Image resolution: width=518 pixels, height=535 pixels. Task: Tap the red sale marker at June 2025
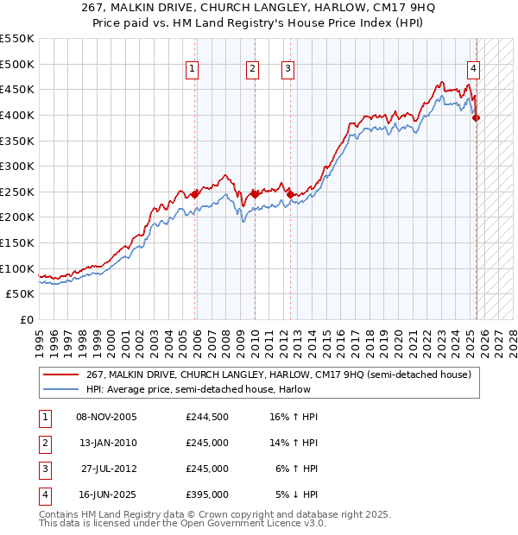tap(476, 118)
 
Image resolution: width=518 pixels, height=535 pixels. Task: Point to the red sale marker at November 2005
tap(195, 195)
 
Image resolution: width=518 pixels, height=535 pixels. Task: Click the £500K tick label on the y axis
tap(17, 64)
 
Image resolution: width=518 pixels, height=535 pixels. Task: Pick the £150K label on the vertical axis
tap(17, 242)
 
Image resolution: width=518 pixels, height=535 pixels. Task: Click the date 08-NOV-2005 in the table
tap(106, 417)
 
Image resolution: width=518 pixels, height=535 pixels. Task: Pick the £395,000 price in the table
tap(206, 494)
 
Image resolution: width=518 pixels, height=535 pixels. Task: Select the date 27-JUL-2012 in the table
tap(108, 469)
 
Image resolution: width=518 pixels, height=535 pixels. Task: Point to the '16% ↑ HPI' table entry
tap(294, 417)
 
